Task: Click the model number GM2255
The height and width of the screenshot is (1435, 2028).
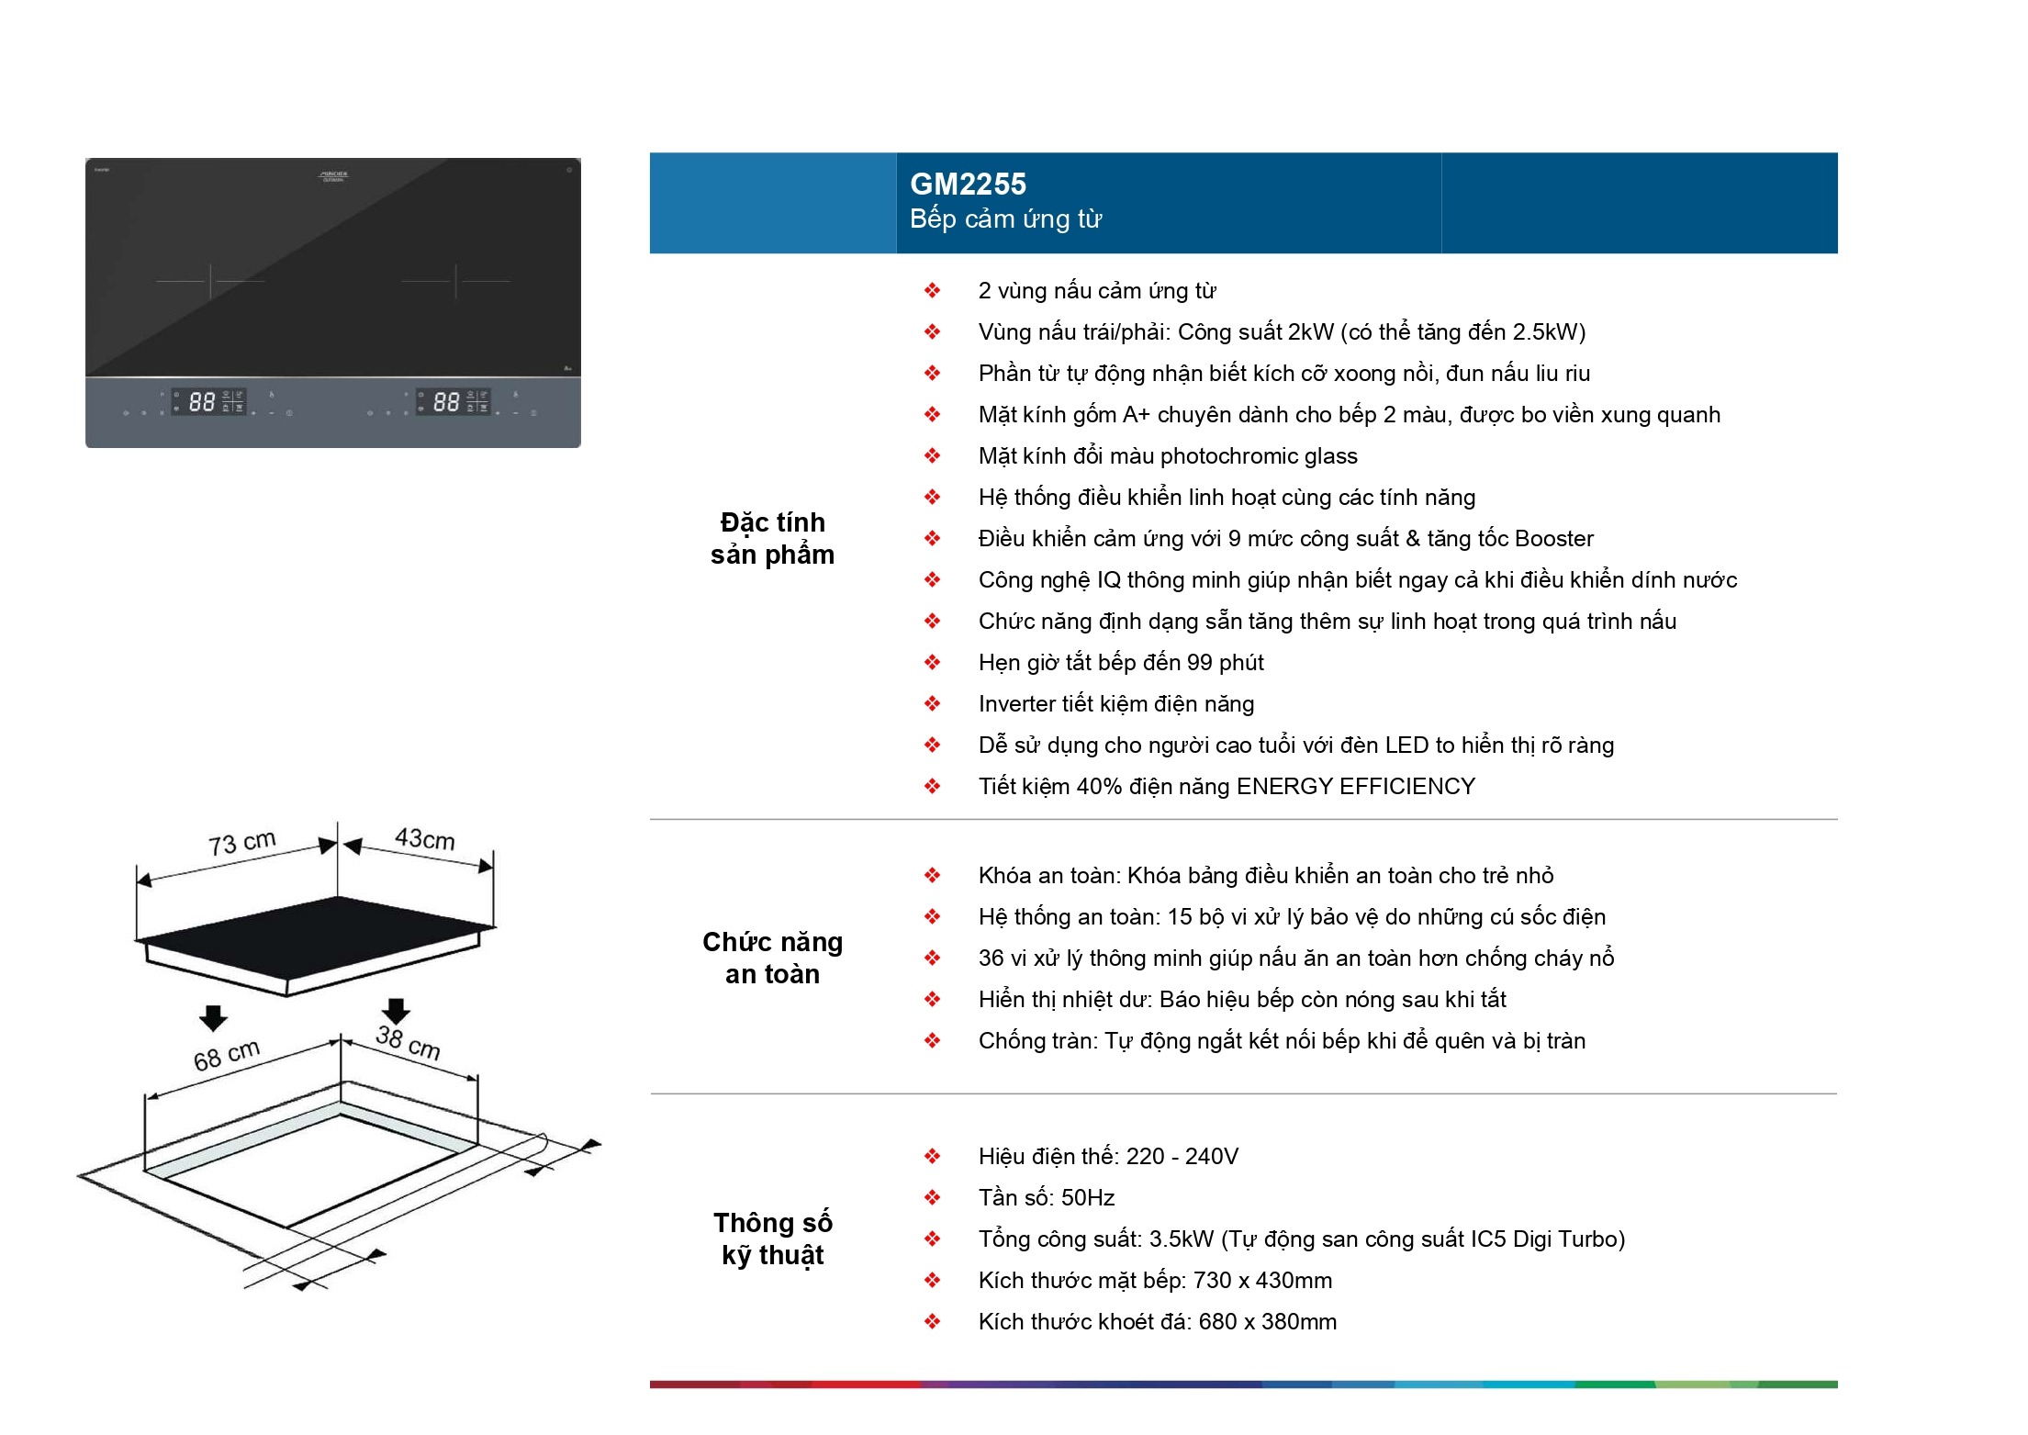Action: tap(968, 185)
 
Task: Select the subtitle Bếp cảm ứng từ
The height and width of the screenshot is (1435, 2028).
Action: tap(1005, 219)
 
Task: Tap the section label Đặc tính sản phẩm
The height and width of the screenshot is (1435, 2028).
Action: tap(772, 538)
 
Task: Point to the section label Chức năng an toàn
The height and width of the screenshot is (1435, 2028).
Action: tap(772, 958)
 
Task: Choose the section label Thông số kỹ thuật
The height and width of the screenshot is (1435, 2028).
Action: tap(772, 1239)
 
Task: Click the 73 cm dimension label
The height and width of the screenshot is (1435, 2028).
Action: tap(241, 842)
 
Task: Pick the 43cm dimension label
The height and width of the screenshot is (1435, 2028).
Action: tap(424, 838)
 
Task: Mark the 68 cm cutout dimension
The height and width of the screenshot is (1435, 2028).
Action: tap(227, 1056)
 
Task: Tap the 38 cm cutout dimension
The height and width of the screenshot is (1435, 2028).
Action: tap(408, 1042)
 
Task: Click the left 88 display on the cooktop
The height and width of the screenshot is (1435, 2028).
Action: tap(202, 402)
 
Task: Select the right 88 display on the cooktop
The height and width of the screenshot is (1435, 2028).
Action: tap(446, 402)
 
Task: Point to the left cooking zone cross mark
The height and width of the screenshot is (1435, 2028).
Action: tap(210, 281)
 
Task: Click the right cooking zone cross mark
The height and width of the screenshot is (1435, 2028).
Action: tap(455, 281)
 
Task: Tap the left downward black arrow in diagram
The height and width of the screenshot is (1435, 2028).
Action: tap(213, 1017)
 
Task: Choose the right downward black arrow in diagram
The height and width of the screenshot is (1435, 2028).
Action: tap(396, 1011)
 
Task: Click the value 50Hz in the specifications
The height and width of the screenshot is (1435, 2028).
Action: tap(1088, 1198)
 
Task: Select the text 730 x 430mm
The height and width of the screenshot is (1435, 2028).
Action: tap(1262, 1281)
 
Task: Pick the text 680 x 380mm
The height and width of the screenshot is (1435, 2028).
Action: tap(1267, 1322)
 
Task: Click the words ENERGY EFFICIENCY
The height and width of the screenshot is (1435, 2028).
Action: tap(1356, 787)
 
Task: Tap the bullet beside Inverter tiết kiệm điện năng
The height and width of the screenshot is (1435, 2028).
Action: tap(932, 704)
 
